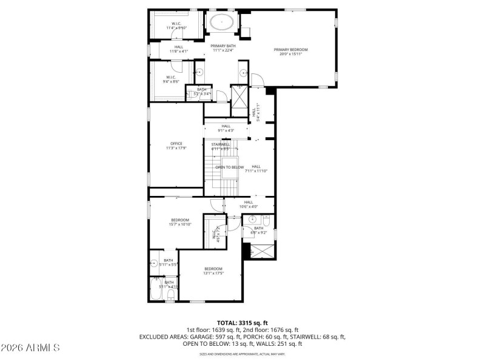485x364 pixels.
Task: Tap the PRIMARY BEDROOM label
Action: coord(290,50)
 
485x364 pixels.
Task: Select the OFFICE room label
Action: coord(176,144)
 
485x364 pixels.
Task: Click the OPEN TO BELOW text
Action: coord(230,167)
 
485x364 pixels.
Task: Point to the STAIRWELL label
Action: coord(220,144)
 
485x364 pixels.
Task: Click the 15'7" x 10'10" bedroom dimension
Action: coord(180,224)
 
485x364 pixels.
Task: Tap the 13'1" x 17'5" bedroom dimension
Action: coord(213,274)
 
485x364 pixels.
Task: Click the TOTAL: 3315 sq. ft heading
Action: coord(242,323)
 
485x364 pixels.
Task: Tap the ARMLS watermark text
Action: coord(30,348)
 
